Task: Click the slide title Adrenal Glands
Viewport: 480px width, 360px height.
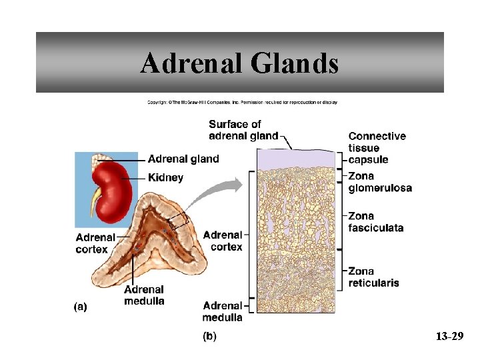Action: (239, 63)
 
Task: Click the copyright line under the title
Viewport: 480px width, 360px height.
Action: (242, 102)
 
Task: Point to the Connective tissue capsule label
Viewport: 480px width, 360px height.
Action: (377, 147)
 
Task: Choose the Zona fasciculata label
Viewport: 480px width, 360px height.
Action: (375, 221)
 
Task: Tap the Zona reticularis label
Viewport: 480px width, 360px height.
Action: (373, 277)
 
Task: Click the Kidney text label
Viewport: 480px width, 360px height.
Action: (165, 178)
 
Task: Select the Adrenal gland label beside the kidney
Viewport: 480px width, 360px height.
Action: (183, 159)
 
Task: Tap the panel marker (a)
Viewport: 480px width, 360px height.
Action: (79, 307)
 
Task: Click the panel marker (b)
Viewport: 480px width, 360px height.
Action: (209, 336)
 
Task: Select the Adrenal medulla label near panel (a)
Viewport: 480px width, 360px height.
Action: (144, 295)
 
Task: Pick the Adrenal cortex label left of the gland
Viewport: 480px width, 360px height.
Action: (95, 242)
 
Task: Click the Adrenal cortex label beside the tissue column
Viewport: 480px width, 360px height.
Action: (223, 241)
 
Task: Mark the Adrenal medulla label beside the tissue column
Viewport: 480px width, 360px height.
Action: (223, 311)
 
